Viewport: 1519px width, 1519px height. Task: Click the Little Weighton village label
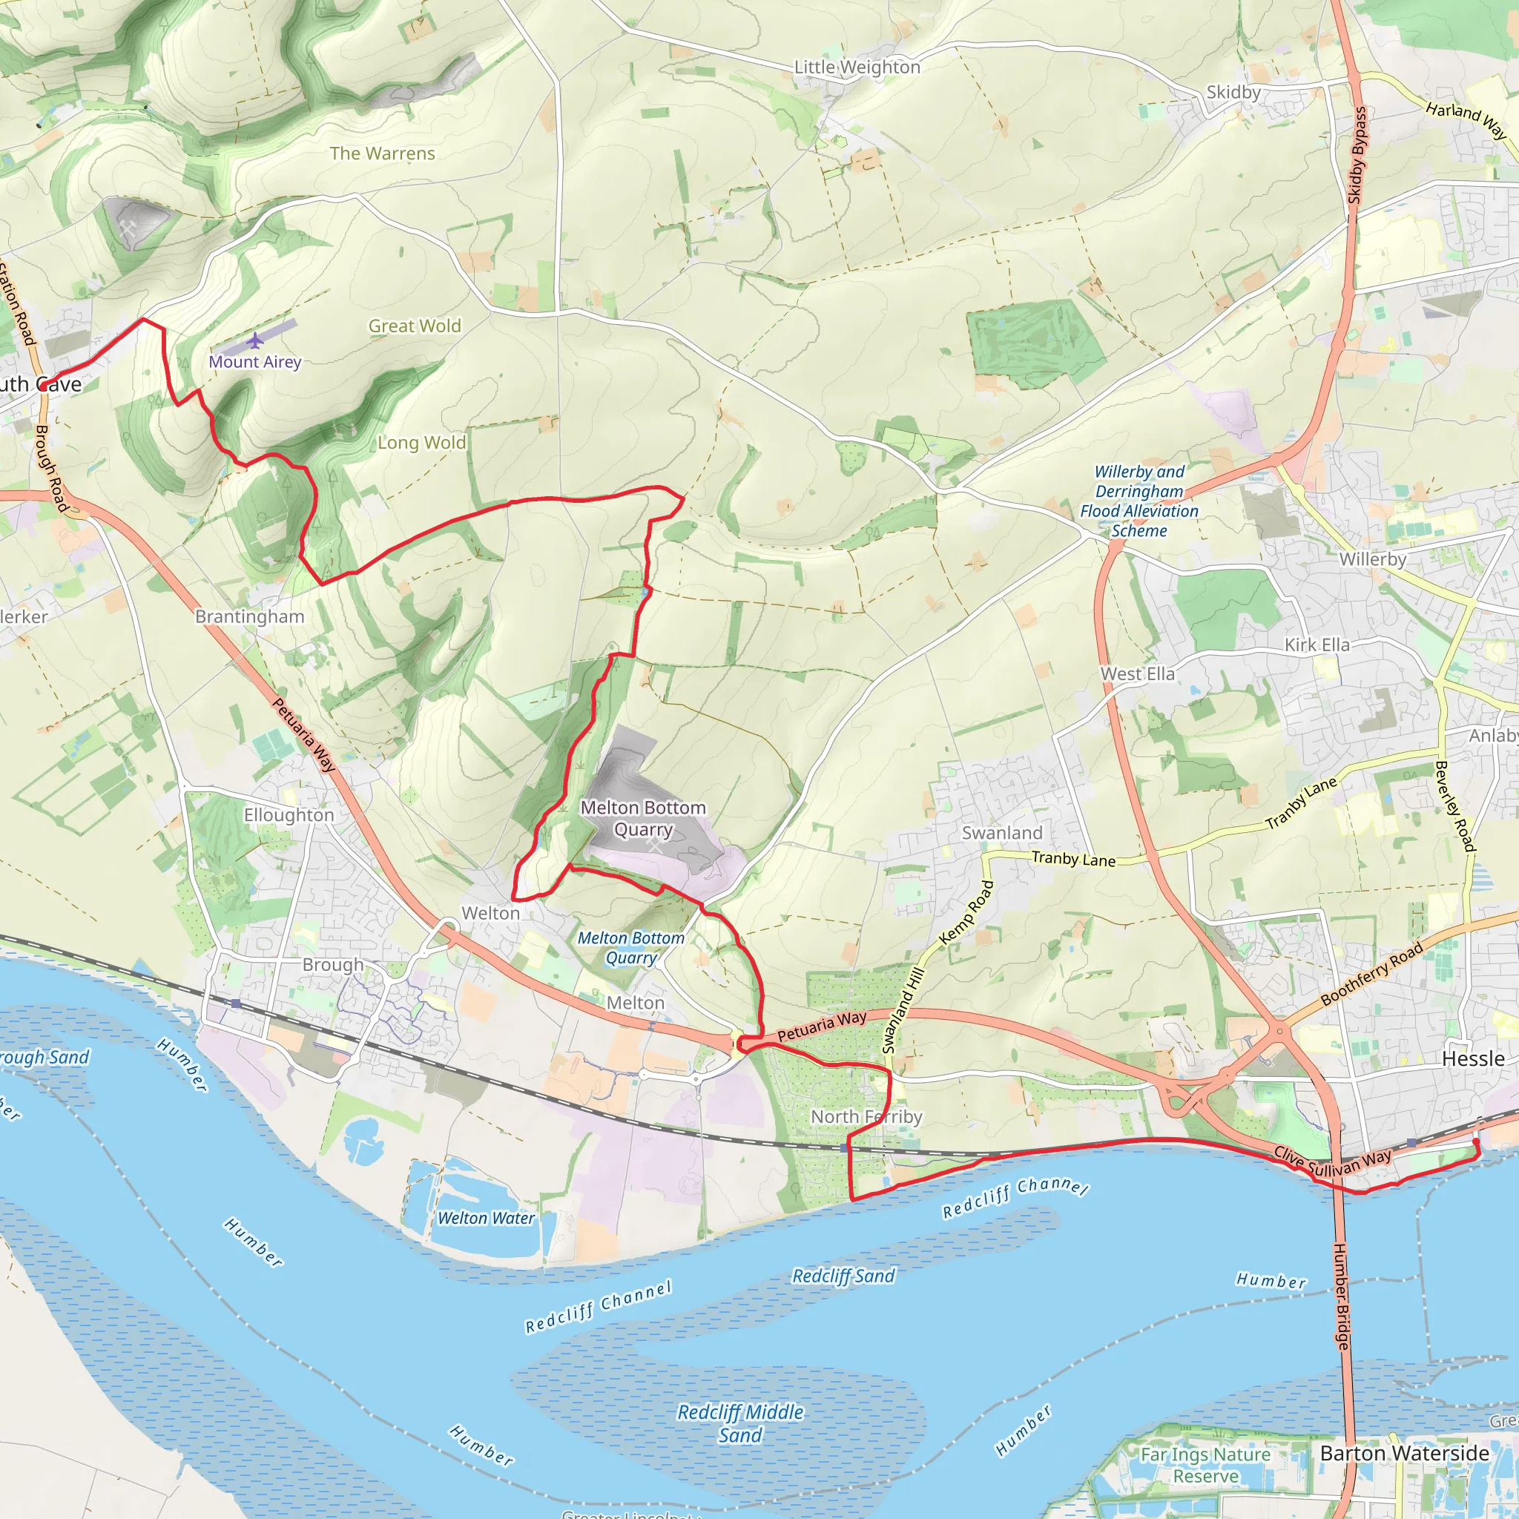coord(857,67)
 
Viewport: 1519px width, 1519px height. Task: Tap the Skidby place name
coord(1233,93)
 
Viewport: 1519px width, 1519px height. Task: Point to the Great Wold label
coord(415,326)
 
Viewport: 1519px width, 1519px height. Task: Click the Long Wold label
coord(421,444)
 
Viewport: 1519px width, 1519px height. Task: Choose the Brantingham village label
coord(249,616)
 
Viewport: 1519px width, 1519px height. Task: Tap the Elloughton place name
coord(289,815)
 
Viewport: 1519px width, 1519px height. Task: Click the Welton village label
coord(490,914)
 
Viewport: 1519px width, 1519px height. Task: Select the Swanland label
coord(1001,834)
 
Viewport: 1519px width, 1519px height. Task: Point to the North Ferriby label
coord(866,1117)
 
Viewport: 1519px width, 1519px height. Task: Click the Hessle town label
coord(1472,1059)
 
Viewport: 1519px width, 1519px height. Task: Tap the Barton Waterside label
coord(1404,1453)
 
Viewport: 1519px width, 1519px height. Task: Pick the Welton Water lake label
coord(486,1219)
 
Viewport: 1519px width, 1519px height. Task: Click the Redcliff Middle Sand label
coord(741,1424)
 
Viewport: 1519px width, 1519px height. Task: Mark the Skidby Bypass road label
coord(1357,156)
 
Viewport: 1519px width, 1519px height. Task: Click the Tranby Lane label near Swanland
coord(1073,860)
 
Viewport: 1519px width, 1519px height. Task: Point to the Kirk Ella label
coord(1317,645)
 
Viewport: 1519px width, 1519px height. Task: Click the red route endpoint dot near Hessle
coord(1476,1141)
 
